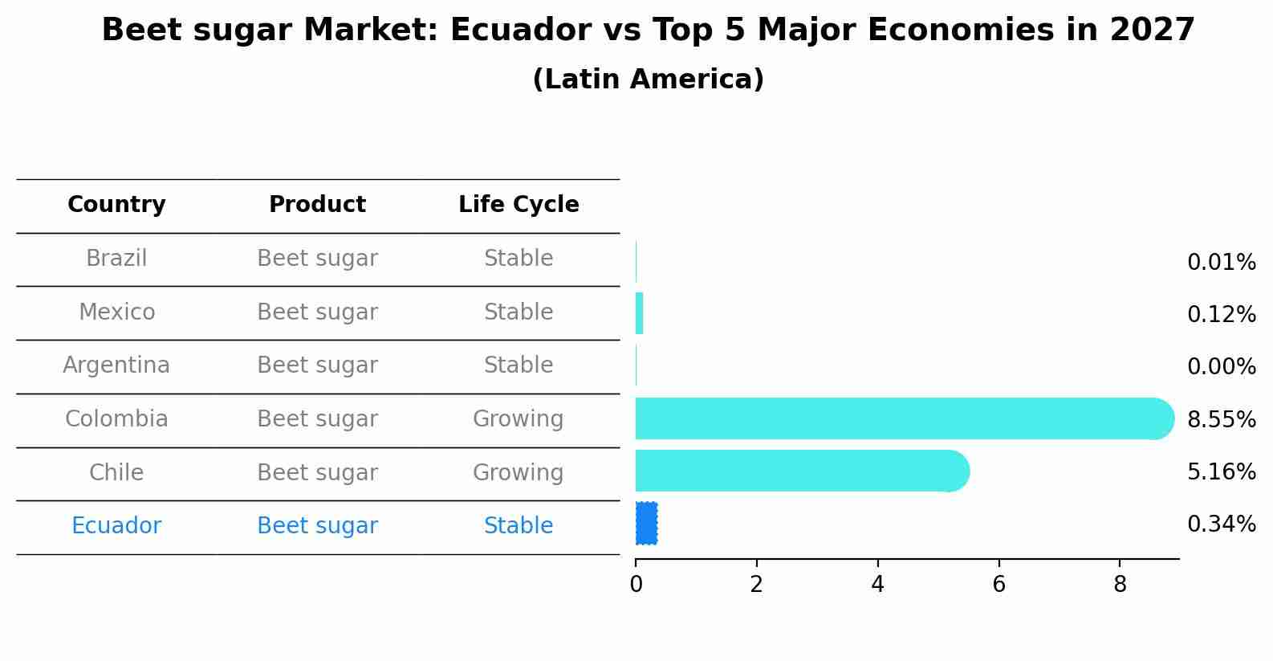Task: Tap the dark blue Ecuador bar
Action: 646,524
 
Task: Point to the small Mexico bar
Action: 639,313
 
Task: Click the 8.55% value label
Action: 1221,419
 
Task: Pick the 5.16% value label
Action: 1221,471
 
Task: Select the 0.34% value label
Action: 1221,524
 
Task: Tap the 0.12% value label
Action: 1221,315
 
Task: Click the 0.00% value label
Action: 1221,367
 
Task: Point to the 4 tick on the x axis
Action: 877,585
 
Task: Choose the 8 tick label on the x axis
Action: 1120,585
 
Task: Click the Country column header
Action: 116,205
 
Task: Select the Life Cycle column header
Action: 519,205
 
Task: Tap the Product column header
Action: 317,205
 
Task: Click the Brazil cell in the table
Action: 116,259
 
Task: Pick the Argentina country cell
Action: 116,365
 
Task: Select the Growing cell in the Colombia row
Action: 518,419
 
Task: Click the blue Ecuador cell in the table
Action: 116,526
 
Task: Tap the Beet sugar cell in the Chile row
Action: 317,473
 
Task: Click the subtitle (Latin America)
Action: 648,80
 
